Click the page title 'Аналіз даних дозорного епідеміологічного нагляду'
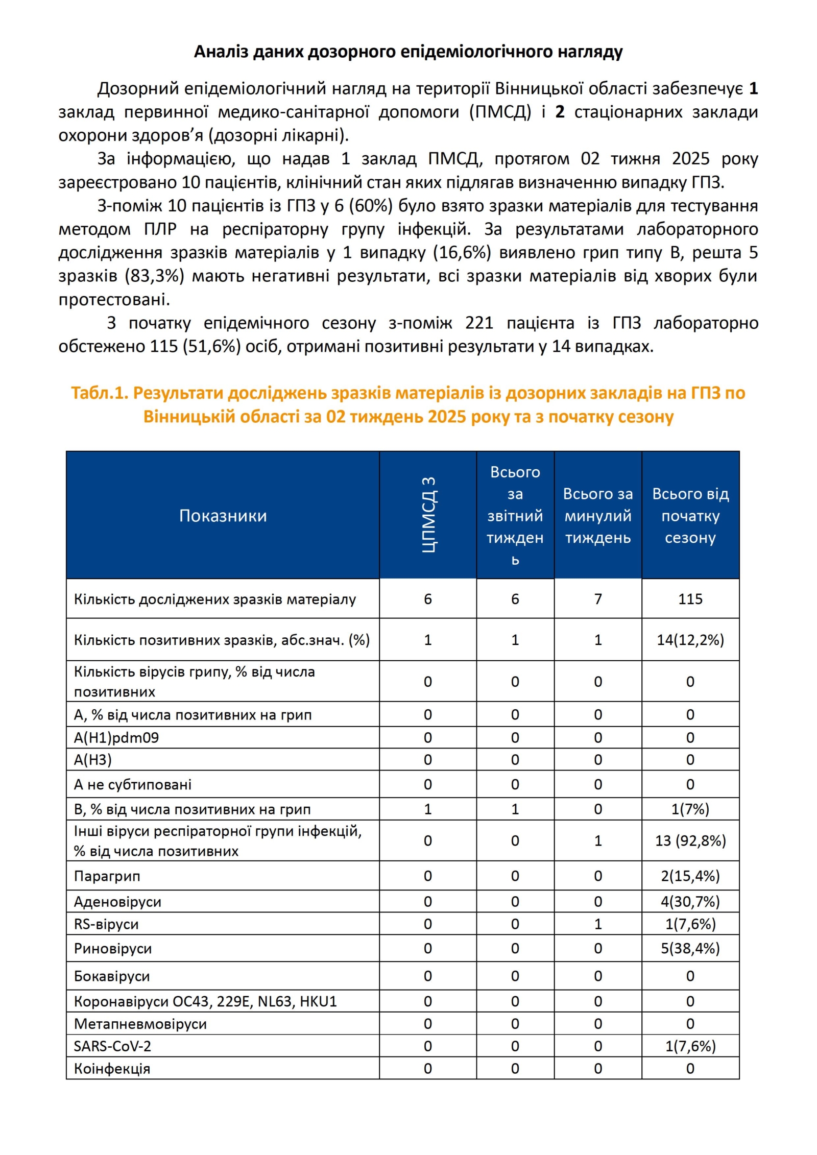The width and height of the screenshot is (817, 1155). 408,52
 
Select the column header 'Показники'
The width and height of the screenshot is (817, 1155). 223,516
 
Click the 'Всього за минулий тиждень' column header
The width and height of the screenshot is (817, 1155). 597,516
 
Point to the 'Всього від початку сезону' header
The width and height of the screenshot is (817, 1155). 690,516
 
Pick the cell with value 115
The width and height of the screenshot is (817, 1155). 690,599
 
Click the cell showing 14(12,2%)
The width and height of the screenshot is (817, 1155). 690,640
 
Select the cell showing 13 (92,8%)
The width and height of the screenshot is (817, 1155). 690,841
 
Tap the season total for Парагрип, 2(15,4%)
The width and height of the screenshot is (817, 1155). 690,876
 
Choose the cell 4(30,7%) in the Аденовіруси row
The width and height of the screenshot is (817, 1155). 690,902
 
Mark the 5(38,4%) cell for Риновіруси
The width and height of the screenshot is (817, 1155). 690,949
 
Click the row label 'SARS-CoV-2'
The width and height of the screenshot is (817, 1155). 112,1047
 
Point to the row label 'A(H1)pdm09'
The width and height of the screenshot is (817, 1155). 116,738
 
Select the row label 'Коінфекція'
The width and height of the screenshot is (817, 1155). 112,1069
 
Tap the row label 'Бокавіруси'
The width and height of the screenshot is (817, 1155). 112,976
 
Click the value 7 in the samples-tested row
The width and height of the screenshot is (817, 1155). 597,599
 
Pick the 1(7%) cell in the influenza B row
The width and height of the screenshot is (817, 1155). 690,809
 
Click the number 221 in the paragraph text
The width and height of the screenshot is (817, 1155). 479,323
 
